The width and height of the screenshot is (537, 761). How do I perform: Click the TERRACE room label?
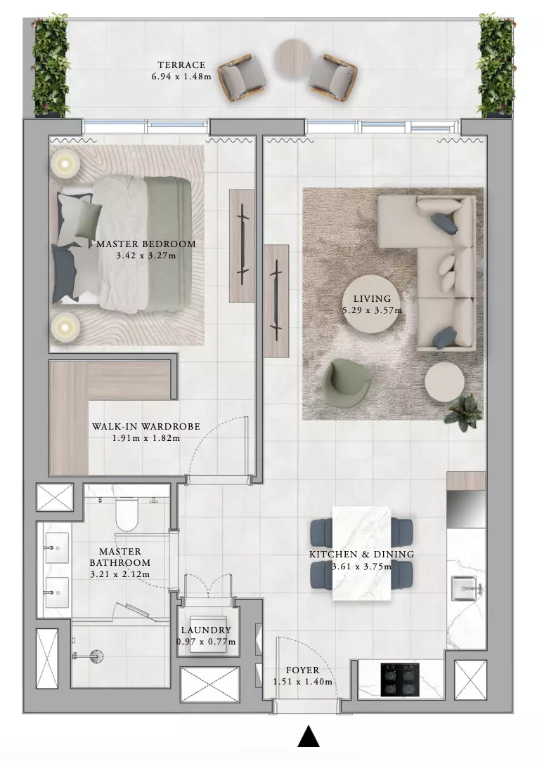tap(181, 65)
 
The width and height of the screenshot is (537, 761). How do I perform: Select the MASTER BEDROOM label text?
tap(145, 244)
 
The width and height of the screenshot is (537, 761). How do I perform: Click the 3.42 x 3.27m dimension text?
tap(145, 256)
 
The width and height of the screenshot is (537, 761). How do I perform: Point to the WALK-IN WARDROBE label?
tap(146, 427)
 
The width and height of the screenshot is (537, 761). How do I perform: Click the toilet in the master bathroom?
tap(127, 514)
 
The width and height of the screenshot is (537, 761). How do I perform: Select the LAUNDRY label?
tap(206, 630)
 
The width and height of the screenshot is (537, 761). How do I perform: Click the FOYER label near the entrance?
tap(303, 670)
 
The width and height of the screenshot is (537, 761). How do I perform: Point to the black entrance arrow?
tap(308, 736)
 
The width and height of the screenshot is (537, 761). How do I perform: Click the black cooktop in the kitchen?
tap(399, 680)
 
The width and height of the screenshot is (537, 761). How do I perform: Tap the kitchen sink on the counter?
tap(464, 588)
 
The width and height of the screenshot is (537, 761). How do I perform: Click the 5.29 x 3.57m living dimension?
tap(373, 310)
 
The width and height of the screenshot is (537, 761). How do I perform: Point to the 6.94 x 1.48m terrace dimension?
tap(181, 77)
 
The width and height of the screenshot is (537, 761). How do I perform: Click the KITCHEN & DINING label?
tap(361, 554)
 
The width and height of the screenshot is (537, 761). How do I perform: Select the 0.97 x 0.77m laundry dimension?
tap(206, 642)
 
